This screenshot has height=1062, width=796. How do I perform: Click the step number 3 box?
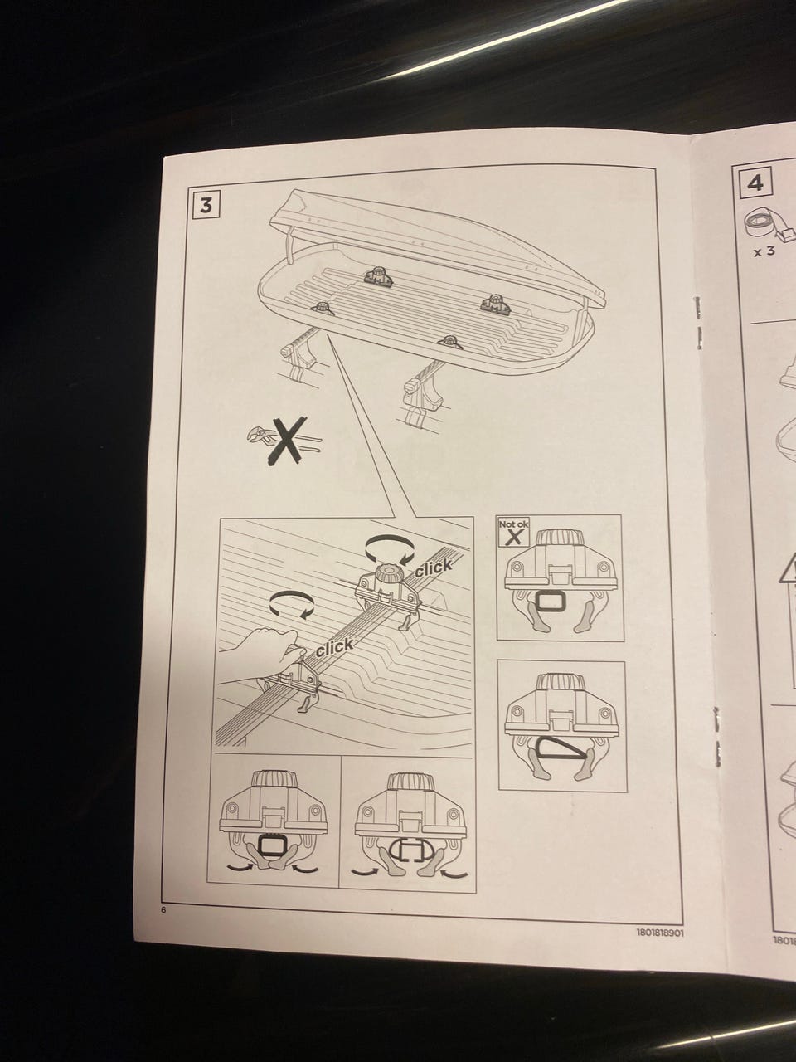[206, 205]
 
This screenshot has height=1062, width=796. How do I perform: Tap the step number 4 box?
[755, 183]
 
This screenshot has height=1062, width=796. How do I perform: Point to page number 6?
[163, 909]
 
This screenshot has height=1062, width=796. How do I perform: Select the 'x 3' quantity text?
[764, 251]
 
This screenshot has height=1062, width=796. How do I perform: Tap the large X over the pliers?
[287, 441]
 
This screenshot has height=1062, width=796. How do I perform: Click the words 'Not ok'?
[513, 524]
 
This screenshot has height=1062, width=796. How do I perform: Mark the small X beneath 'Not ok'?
[515, 537]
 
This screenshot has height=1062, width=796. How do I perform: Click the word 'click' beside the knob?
[434, 568]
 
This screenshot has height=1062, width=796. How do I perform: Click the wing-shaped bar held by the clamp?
[561, 752]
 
